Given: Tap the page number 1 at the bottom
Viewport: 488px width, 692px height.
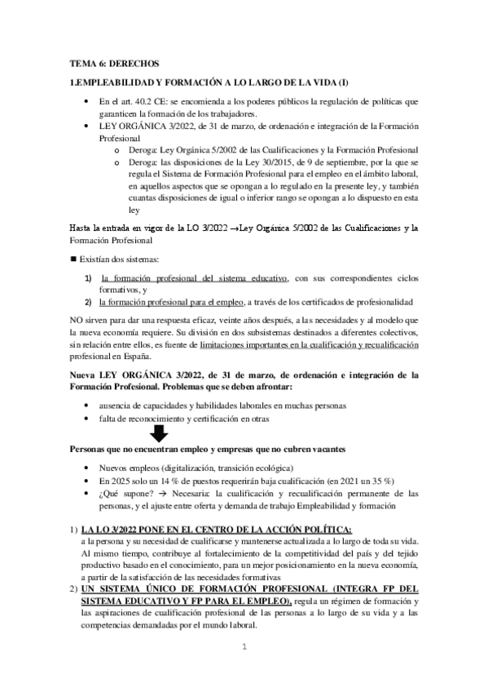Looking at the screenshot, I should [x=244, y=671].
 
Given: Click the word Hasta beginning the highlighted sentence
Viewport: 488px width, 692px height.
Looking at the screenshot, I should [x=82, y=228].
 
